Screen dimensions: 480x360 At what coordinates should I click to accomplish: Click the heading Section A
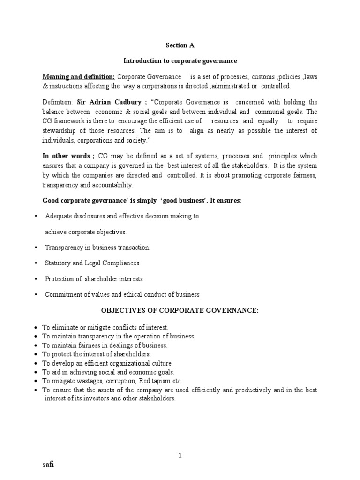(180, 45)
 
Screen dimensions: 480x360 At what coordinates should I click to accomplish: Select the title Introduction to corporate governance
(180, 61)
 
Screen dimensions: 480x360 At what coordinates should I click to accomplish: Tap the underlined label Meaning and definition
(79, 76)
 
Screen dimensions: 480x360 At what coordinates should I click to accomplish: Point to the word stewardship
(60, 130)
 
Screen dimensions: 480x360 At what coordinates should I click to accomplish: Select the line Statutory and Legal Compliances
(92, 263)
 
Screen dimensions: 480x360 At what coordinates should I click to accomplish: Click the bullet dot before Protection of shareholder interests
(36, 279)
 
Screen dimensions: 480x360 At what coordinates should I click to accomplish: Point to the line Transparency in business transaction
(97, 247)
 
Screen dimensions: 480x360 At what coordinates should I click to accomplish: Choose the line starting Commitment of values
(122, 294)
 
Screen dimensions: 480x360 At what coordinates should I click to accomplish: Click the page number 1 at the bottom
(180, 442)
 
